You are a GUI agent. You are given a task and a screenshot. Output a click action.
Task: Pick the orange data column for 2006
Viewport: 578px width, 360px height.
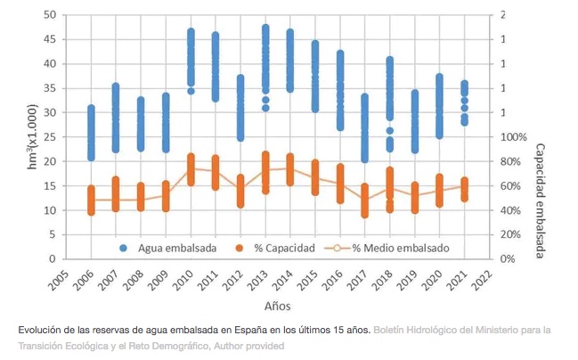coord(91,200)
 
